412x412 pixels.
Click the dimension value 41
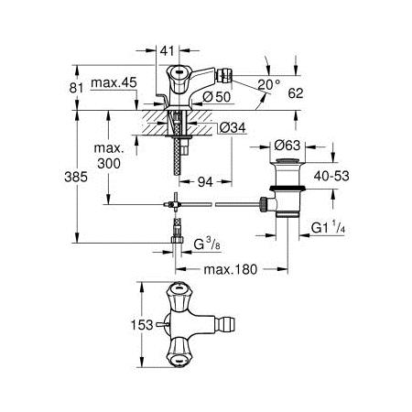pos(167,51)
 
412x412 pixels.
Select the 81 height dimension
pos(76,88)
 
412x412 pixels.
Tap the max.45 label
pos(114,82)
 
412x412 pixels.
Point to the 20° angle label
pos(268,84)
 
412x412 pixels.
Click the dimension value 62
pos(296,93)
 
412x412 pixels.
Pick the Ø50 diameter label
pos(217,97)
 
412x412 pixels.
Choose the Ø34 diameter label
pos(233,128)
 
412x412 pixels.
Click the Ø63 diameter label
pos(287,146)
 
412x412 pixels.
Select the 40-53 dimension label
pos(331,176)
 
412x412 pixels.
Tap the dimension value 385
pos(76,177)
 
